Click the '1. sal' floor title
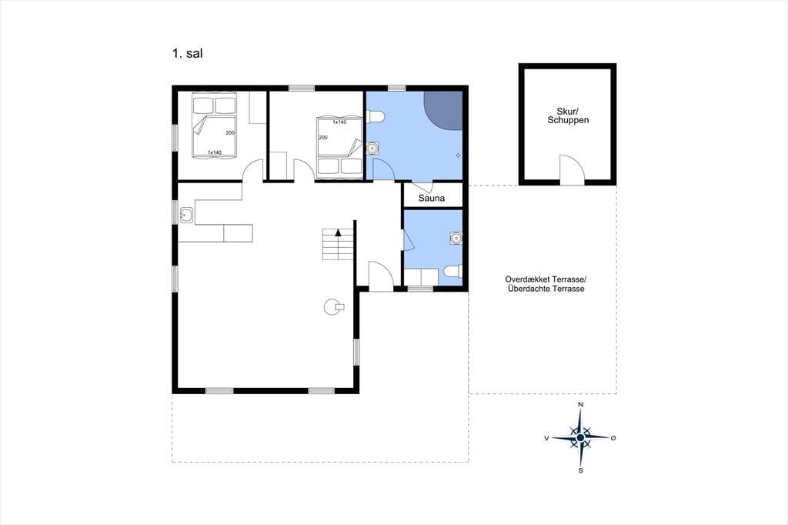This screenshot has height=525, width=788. tap(188, 53)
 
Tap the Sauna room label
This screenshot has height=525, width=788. tap(432, 198)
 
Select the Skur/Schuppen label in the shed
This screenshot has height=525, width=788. tap(568, 115)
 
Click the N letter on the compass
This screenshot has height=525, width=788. tap(581, 404)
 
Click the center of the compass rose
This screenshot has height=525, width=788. tap(580, 438)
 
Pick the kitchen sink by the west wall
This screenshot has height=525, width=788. tap(187, 216)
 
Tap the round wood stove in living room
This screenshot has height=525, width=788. tap(333, 306)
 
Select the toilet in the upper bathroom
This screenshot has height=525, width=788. tap(376, 117)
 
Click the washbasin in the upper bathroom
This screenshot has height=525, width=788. tap(373, 149)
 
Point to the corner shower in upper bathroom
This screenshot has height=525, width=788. tap(445, 109)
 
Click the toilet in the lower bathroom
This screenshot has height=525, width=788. tap(452, 272)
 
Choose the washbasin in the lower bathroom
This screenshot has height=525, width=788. tap(456, 238)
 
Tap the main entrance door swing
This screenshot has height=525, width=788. tap(381, 275)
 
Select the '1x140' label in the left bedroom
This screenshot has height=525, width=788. tap(215, 152)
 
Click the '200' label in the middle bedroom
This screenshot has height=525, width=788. tap(323, 137)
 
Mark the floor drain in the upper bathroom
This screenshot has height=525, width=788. tap(458, 155)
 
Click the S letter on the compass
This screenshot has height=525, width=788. tap(581, 470)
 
